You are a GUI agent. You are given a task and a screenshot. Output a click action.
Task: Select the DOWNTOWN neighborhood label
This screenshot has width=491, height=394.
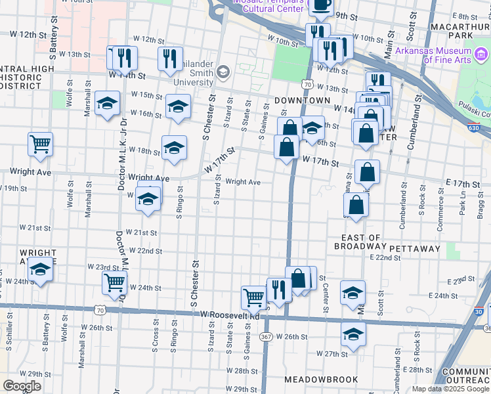coord(302,100)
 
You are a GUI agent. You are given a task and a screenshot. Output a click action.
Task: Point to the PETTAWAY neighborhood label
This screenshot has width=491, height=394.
coord(414,248)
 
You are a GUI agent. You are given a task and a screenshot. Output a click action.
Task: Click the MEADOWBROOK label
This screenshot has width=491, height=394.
coord(321,380)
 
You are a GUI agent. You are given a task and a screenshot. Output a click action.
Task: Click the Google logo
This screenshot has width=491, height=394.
coord(21,385)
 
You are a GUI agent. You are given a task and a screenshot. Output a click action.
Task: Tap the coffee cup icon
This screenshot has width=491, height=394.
coord(320,5)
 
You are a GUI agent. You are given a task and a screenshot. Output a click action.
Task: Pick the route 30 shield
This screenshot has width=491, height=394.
coord(480,311)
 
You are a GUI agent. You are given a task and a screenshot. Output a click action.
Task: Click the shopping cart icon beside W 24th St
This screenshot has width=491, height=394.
coord(114,282)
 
